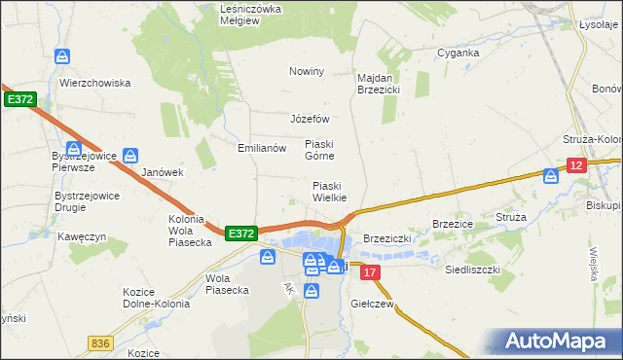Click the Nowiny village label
pos(306,71)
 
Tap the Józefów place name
pos(311,119)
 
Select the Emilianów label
pos(262,149)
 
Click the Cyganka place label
pos(458,53)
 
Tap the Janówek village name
pos(163,172)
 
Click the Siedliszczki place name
pos(472,268)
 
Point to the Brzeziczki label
pos(389,238)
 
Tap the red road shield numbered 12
pos(577,167)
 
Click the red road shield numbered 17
pos(369,274)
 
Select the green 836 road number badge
pos(99,342)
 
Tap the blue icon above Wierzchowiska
pos(62,57)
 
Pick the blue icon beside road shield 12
pos(551,176)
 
